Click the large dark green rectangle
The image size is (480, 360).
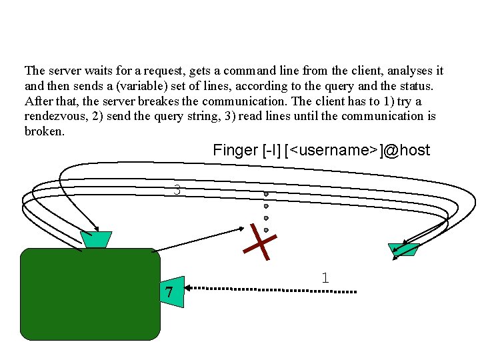click(90, 293)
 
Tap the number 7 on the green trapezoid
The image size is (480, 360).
click(169, 292)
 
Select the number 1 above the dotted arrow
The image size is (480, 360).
click(325, 278)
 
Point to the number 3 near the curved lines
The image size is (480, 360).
click(177, 190)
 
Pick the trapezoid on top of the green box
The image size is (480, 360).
click(96, 239)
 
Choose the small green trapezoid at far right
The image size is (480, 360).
click(404, 249)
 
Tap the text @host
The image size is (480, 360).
click(406, 150)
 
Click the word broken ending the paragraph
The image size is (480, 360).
click(43, 131)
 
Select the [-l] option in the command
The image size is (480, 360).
click(270, 150)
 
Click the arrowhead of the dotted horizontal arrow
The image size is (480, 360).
click(189, 288)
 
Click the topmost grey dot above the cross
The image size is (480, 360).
click(266, 195)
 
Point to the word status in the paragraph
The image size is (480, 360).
click(414, 86)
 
